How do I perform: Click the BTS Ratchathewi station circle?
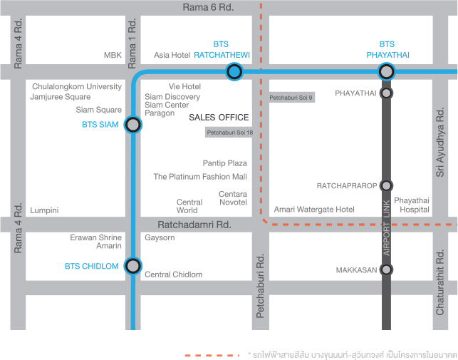pos(234,71)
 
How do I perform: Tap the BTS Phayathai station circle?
pos(386,71)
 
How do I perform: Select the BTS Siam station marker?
pos(132,125)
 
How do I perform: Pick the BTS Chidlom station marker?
pos(132,267)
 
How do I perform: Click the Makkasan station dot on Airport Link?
pos(386,269)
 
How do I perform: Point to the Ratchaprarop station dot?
pos(386,185)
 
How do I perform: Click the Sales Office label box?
pos(219,118)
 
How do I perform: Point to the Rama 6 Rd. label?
pos(208,7)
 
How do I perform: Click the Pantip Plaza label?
pos(225,163)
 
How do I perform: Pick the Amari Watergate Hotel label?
pos(314,210)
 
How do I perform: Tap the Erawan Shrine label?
pos(96,237)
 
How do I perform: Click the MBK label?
pos(113,55)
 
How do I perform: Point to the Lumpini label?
pos(44,210)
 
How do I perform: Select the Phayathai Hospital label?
pos(412,205)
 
